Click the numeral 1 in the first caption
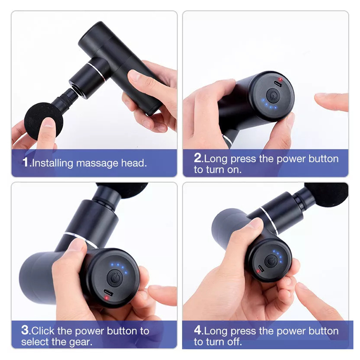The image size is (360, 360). [25, 162]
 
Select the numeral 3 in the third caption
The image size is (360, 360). [25, 330]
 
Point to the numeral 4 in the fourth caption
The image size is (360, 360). [198, 330]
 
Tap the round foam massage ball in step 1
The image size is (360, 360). [43, 121]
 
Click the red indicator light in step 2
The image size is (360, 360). [280, 79]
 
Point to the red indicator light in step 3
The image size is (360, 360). [106, 298]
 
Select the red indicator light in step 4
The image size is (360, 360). [258, 271]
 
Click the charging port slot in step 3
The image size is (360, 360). [108, 293]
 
